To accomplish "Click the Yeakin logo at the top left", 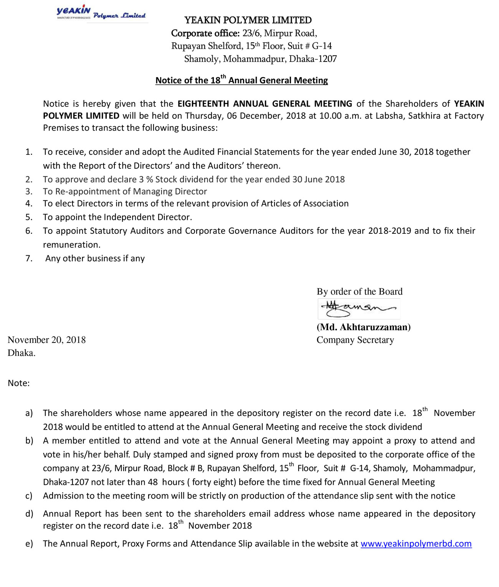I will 101,13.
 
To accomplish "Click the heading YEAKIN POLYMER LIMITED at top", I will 248,20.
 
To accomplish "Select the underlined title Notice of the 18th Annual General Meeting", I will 241,80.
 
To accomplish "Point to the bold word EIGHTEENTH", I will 203,104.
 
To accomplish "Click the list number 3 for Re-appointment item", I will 29,191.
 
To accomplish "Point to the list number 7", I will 29,258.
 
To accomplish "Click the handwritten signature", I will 359,309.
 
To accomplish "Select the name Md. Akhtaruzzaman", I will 364,327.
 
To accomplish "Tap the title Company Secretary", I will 355,340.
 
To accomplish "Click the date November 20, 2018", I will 46,340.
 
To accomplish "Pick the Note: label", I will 18,383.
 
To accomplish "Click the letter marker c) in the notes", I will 29,496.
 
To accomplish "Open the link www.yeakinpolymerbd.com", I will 416,544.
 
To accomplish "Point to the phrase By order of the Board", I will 359,291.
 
